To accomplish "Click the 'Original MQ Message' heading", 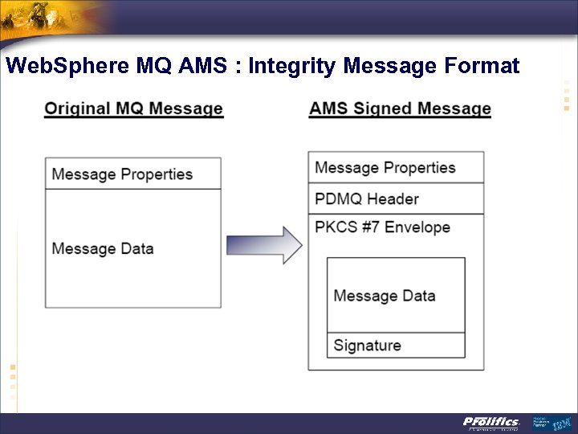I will (x=133, y=108).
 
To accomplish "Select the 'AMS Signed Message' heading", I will (x=400, y=108).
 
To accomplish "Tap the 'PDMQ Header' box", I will (x=396, y=199).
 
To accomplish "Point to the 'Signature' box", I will (x=396, y=346).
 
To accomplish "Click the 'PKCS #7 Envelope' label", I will (x=382, y=227).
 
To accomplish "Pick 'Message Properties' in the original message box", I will (x=122, y=174).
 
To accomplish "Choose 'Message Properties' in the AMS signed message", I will (x=385, y=168).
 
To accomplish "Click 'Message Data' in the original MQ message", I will (x=103, y=248).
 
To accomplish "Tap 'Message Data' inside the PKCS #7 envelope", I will (x=385, y=296).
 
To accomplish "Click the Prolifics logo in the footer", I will (x=490, y=423).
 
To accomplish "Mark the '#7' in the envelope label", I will (x=369, y=227).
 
